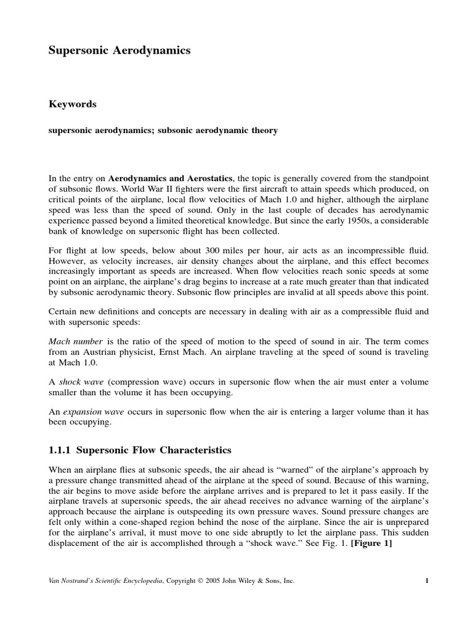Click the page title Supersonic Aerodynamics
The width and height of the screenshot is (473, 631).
[119, 51]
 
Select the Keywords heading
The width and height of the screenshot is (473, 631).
[73, 104]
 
